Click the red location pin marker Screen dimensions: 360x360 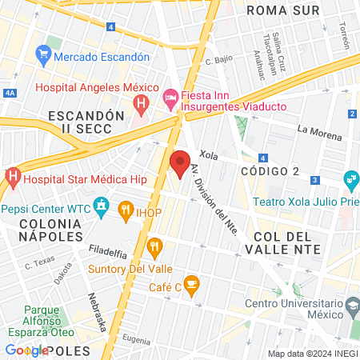pos(179,163)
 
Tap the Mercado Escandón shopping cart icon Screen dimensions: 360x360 pos(44,56)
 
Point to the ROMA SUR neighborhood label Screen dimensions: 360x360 pos(282,10)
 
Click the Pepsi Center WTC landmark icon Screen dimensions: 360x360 pos(101,210)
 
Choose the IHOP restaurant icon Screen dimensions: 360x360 pos(126,210)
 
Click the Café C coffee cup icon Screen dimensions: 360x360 pos(191,282)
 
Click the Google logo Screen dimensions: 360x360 pos(26,350)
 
